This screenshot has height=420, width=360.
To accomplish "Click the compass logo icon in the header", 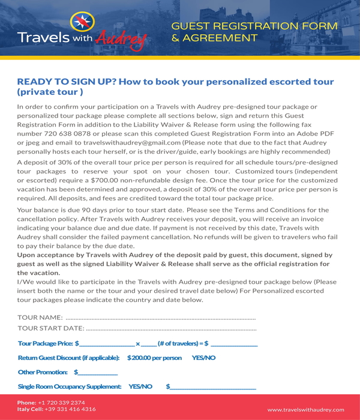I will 79,23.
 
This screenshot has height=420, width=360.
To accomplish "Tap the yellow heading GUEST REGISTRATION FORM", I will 254,26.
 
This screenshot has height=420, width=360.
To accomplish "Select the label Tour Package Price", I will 46,344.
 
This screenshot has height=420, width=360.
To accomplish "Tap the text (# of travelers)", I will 178,344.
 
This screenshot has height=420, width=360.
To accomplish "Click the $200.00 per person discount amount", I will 154,358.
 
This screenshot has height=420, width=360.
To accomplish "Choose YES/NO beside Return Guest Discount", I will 203,358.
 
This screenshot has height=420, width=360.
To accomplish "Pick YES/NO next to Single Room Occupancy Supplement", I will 140,386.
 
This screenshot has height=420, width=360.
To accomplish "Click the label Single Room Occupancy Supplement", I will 70,386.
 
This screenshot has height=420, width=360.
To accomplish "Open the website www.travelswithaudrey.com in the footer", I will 306,409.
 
